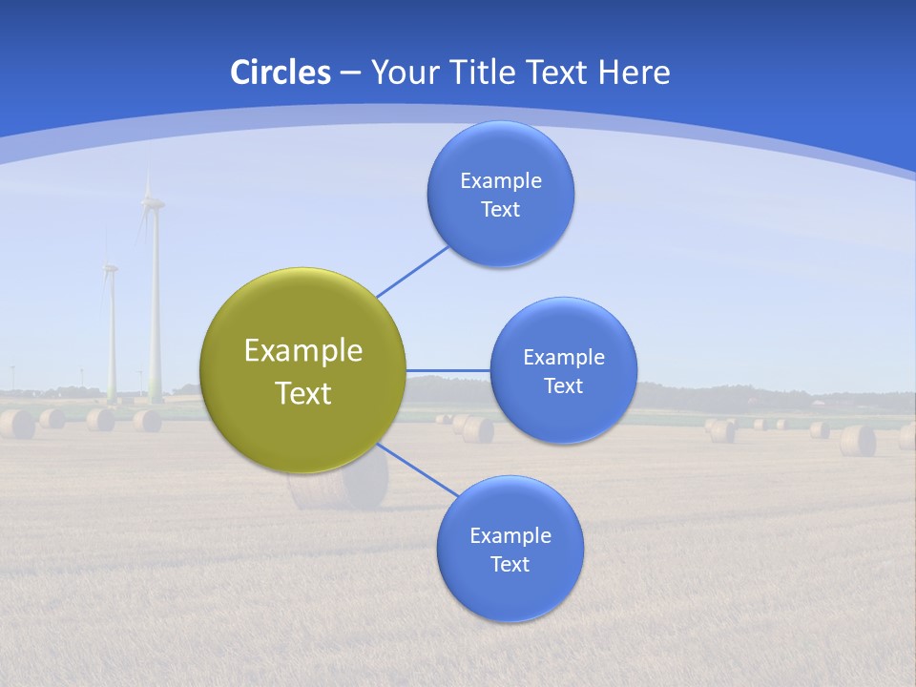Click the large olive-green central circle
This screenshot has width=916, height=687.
coord(303,370)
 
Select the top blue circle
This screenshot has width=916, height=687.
coord(500,194)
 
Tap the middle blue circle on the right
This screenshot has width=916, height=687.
coord(563,370)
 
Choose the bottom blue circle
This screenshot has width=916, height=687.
coord(510,549)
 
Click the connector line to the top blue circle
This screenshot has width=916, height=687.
coord(413,271)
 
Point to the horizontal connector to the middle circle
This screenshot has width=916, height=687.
coord(448,370)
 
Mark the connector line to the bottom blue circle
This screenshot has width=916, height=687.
coord(417,470)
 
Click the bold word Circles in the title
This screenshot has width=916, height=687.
coord(281,73)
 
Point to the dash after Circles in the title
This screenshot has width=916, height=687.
coord(350,73)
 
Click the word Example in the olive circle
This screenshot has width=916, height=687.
coord(303,350)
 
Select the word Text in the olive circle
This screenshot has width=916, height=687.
coord(303,393)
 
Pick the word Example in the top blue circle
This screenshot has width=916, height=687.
coord(500,180)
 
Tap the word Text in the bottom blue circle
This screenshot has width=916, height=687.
coord(510,564)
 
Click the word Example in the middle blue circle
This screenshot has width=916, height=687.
coord(563,357)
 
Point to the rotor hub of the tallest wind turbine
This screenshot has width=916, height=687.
coord(151,201)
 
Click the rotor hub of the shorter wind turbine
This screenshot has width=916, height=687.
coord(109,267)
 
